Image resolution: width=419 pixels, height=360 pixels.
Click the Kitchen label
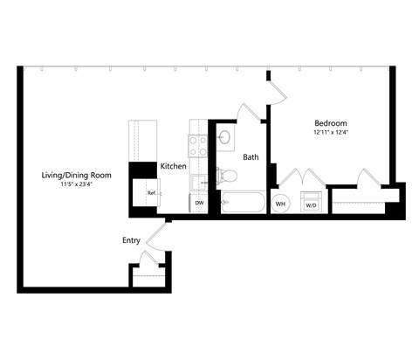coord(173,166)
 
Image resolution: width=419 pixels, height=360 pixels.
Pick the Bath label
coord(251,157)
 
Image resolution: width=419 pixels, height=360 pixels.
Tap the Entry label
coord(131,239)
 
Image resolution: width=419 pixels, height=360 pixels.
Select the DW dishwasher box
coord(199,203)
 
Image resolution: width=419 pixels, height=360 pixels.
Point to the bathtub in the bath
coord(242,203)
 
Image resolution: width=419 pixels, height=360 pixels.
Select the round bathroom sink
coord(224,137)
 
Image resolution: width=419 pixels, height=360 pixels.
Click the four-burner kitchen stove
coord(198,143)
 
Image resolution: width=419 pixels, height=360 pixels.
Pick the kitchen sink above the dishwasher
coord(198,181)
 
